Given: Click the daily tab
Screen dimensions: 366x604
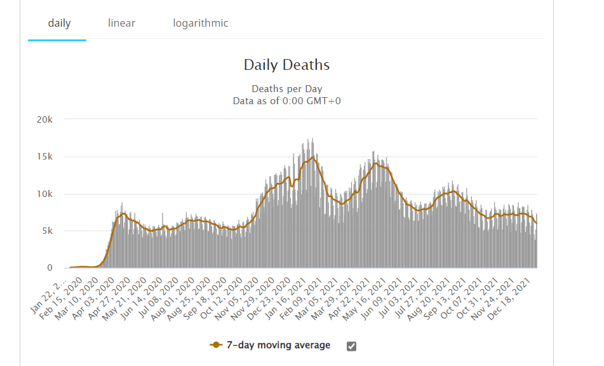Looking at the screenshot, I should pyautogui.click(x=59, y=24).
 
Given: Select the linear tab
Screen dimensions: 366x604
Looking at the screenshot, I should pyautogui.click(x=121, y=24).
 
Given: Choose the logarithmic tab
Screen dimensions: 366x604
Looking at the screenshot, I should pyautogui.click(x=200, y=24).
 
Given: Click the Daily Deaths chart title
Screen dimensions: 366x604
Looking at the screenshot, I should pyautogui.click(x=286, y=65).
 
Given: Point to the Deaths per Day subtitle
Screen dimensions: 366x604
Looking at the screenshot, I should pyautogui.click(x=286, y=89).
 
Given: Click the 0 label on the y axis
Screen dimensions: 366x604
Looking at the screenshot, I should pyautogui.click(x=49, y=268).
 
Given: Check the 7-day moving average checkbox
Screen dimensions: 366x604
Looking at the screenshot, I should pyautogui.click(x=351, y=346).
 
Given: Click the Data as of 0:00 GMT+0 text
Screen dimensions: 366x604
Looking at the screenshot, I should pyautogui.click(x=286, y=100).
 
